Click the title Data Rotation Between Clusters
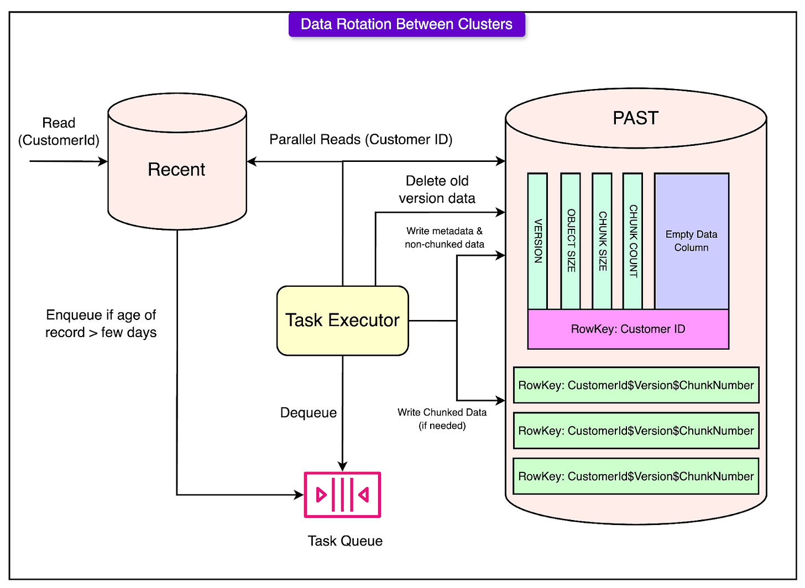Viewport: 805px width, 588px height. pos(406,24)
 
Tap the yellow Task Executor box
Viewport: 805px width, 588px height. pos(342,321)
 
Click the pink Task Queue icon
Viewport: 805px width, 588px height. pos(342,495)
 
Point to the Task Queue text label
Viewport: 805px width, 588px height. pos(345,540)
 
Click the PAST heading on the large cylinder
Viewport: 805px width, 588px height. pos(635,118)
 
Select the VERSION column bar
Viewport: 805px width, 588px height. pos(537,242)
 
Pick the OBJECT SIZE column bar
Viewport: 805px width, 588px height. pos(571,242)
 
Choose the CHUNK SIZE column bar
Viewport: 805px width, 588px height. pos(602,242)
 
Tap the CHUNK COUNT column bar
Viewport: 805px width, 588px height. pos(632,242)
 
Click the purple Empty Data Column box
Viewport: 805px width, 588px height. pos(691,241)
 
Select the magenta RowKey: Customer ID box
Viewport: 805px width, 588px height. pos(628,329)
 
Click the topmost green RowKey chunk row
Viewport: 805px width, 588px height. pos(636,385)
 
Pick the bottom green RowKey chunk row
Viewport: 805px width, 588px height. pos(636,476)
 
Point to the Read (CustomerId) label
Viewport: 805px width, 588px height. pos(59,132)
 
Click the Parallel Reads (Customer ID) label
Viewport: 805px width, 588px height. pos(360,140)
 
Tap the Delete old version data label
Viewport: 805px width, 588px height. pos(437,190)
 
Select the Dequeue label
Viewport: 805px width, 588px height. pos(309,413)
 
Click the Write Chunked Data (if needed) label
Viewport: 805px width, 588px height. pos(442,419)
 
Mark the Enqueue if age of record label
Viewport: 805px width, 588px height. pos(101,324)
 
